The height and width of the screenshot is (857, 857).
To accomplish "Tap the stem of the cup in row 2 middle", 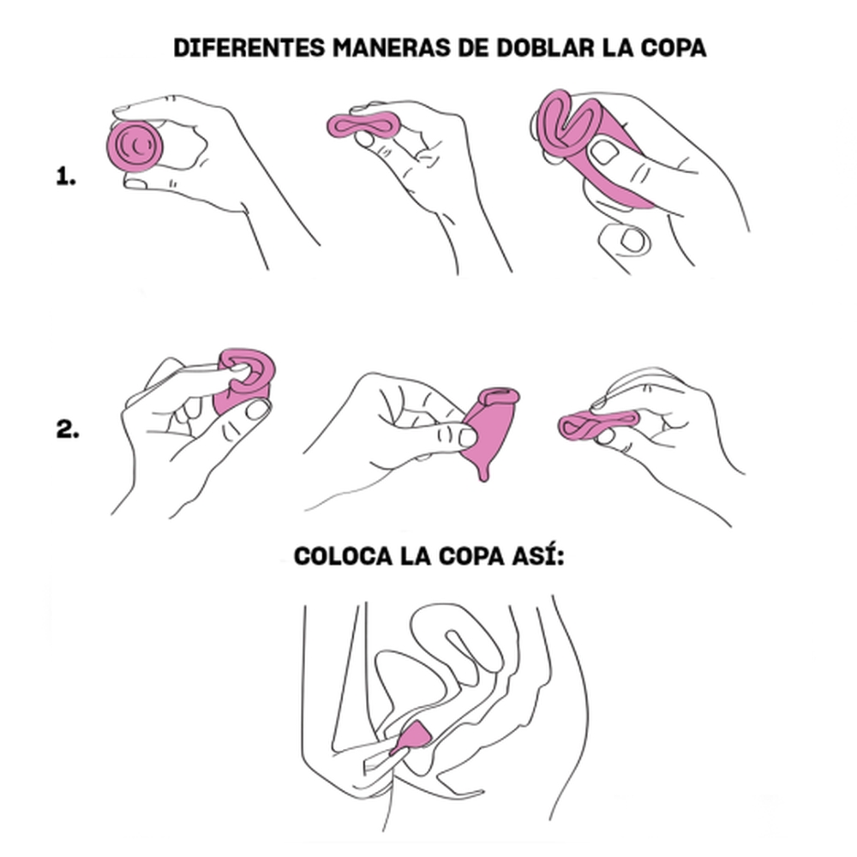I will click(484, 468).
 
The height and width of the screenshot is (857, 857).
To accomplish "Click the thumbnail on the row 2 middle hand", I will click(468, 437).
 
